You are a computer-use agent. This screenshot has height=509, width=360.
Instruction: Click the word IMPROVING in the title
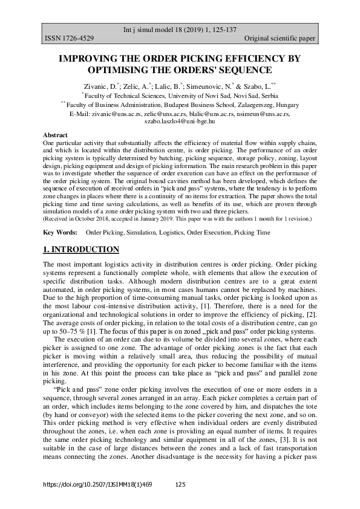point(87,59)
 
